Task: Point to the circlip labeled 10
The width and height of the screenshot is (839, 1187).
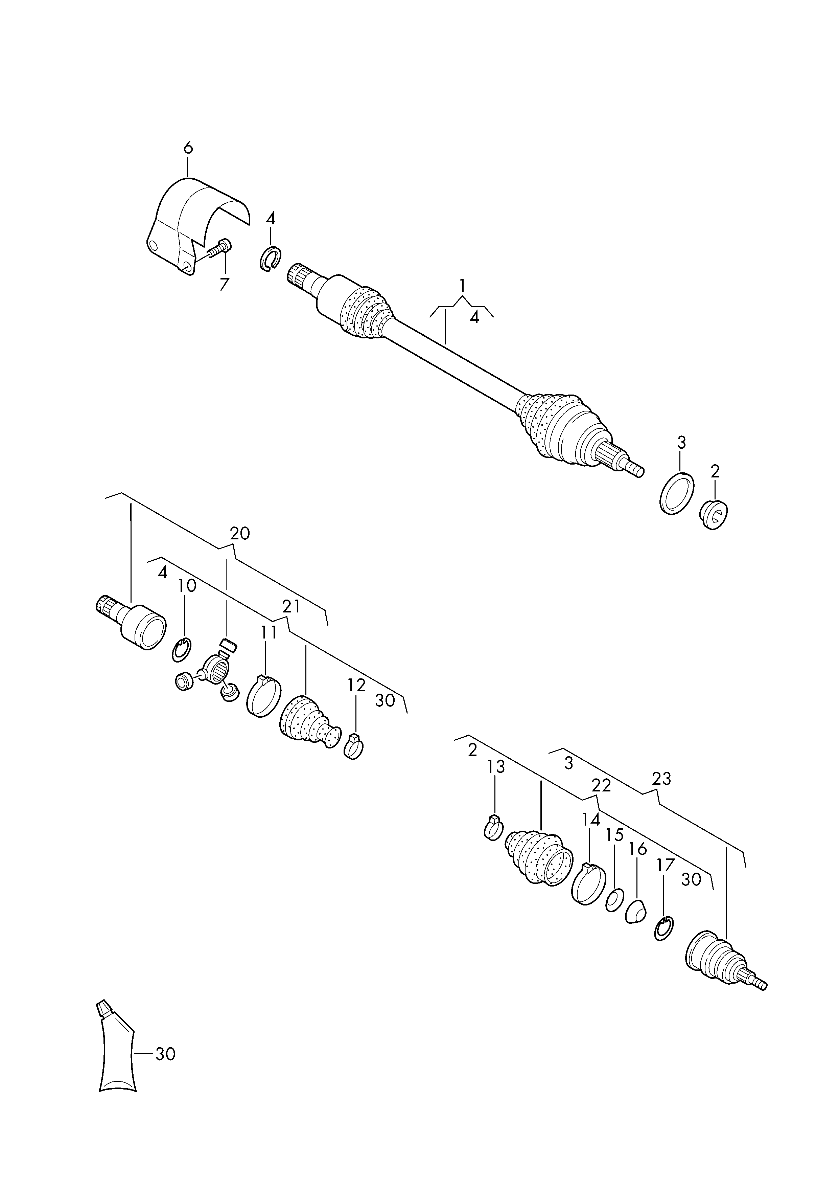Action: [181, 650]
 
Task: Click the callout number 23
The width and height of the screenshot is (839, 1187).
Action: [661, 793]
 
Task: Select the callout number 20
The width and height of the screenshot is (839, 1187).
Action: [240, 533]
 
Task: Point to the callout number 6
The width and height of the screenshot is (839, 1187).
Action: [188, 148]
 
